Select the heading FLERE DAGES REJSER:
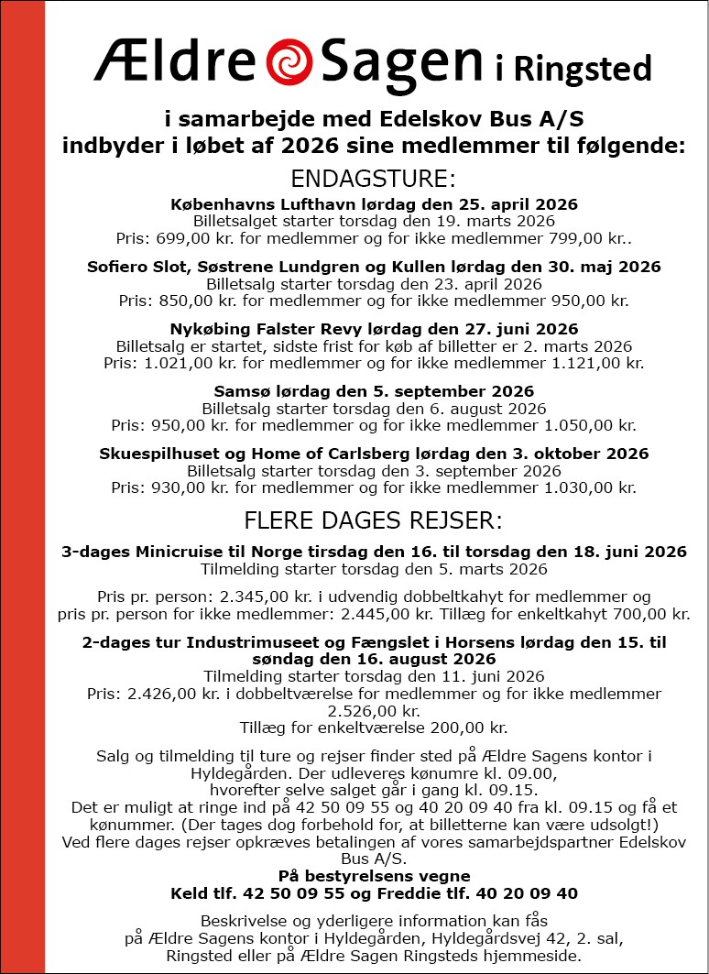coord(373,521)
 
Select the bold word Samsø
coord(239,391)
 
